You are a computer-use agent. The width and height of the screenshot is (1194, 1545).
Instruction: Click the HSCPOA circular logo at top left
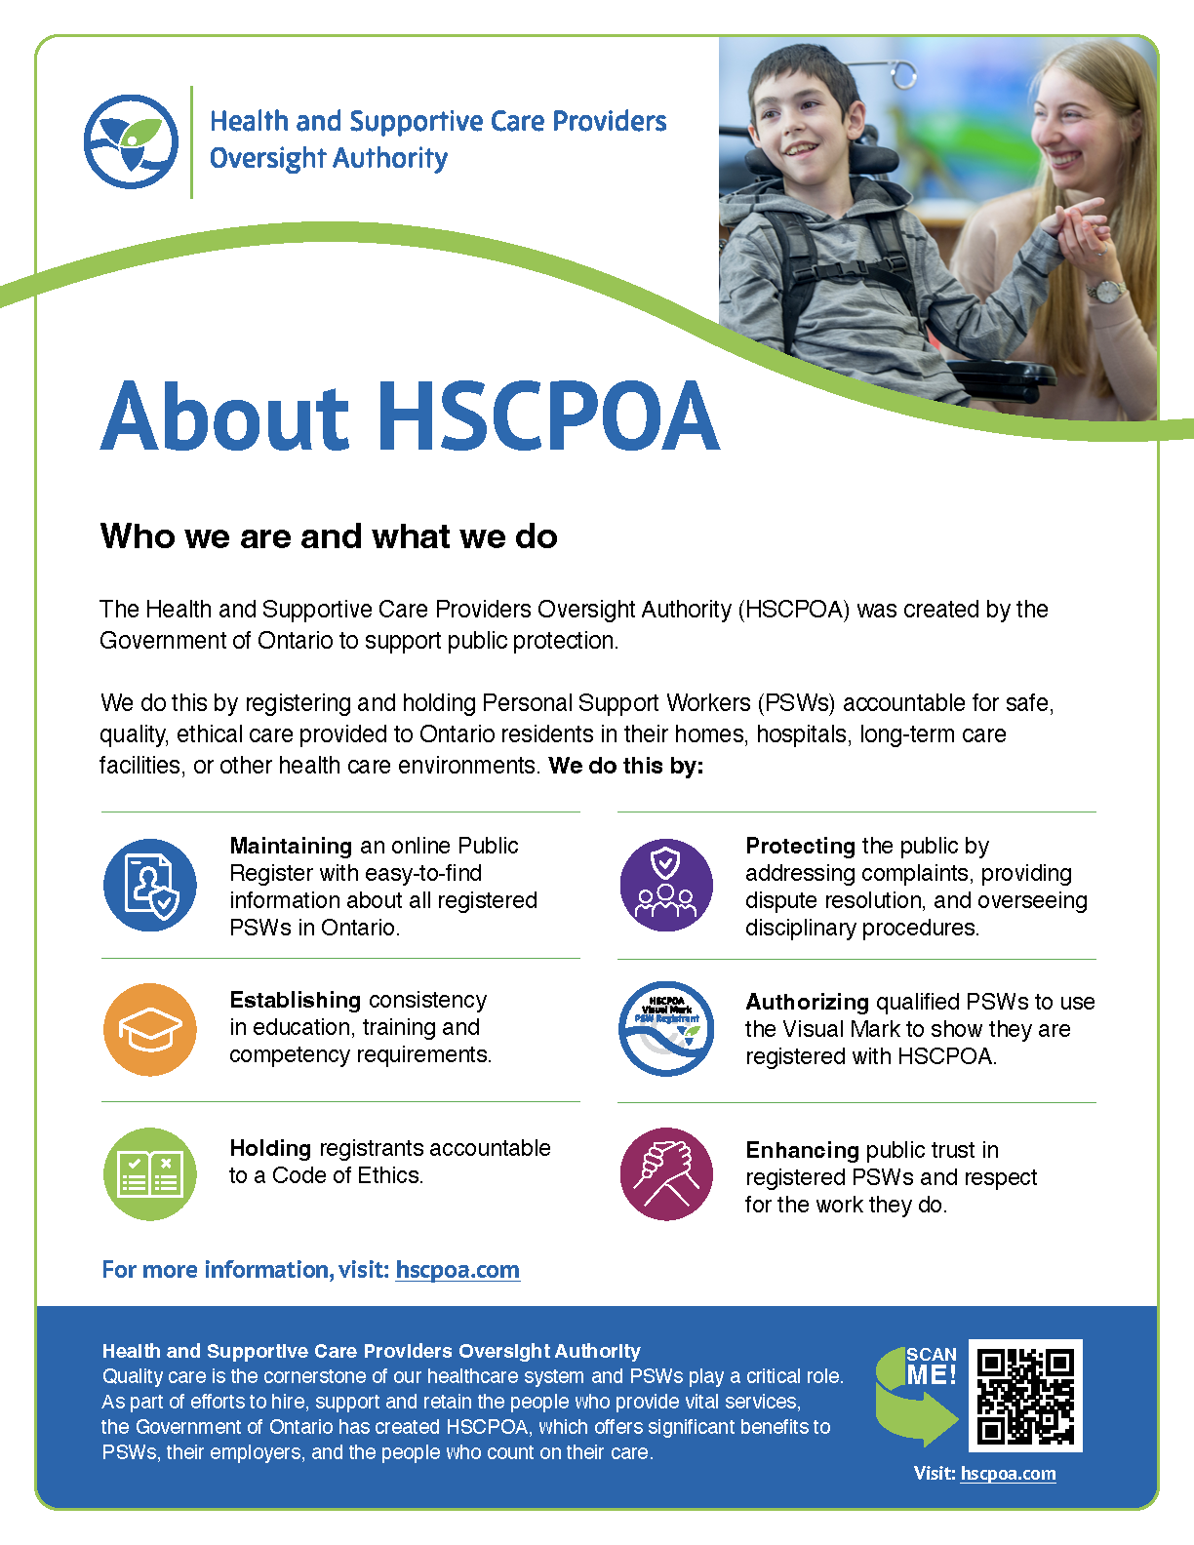pyautogui.click(x=131, y=142)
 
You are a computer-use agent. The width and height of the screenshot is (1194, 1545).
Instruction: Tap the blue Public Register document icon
pyautogui.click(x=150, y=885)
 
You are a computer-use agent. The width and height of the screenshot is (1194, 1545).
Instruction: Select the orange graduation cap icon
pyautogui.click(x=150, y=1029)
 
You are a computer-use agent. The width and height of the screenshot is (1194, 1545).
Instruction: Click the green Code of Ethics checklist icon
pyautogui.click(x=150, y=1173)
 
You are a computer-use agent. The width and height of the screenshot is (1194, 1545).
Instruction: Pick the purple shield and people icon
pyautogui.click(x=666, y=885)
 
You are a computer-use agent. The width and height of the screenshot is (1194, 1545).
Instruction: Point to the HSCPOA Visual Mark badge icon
pyautogui.click(x=666, y=1029)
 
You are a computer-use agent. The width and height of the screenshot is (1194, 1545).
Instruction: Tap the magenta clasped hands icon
pyautogui.click(x=666, y=1173)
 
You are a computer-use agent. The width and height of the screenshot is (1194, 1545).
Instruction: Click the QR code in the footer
pyautogui.click(x=1025, y=1396)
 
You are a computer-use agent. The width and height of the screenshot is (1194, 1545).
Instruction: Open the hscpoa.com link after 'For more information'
pyautogui.click(x=458, y=1270)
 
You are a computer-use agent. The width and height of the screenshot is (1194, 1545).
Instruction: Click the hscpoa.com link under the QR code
pyautogui.click(x=1008, y=1474)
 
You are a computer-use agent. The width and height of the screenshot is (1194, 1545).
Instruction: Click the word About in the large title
pyautogui.click(x=224, y=416)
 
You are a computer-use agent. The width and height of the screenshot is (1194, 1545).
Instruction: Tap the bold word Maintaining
pyautogui.click(x=291, y=846)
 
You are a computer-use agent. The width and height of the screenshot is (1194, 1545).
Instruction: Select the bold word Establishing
pyautogui.click(x=295, y=1000)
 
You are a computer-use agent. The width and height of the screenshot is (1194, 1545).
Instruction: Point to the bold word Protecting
pyautogui.click(x=800, y=846)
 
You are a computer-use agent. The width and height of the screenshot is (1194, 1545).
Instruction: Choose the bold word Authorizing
pyautogui.click(x=807, y=1002)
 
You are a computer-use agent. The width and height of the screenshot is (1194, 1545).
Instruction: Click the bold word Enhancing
pyautogui.click(x=802, y=1150)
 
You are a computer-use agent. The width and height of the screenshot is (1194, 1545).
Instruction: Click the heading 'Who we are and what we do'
pyautogui.click(x=329, y=536)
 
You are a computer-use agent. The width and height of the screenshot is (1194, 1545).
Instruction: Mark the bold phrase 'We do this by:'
pyautogui.click(x=626, y=766)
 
